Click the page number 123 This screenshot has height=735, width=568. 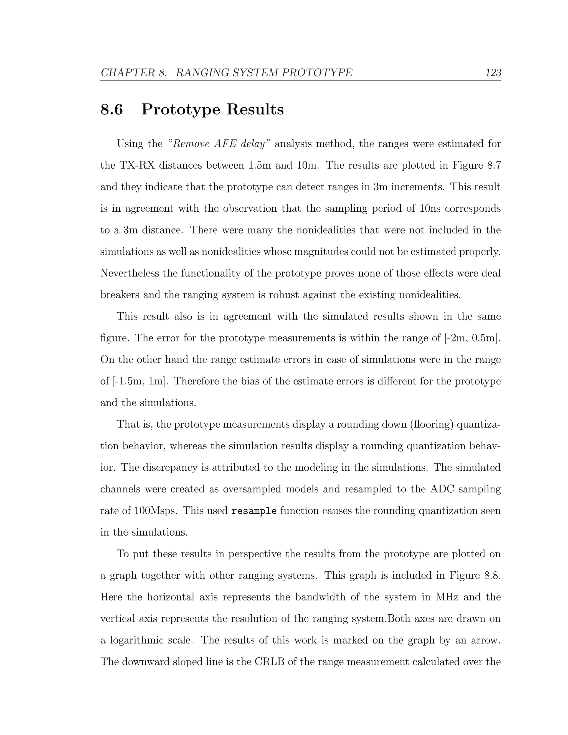(493, 73)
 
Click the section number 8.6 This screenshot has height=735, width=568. (112, 110)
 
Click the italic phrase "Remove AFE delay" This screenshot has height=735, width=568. (219, 144)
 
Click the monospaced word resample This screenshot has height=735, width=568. (254, 511)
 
